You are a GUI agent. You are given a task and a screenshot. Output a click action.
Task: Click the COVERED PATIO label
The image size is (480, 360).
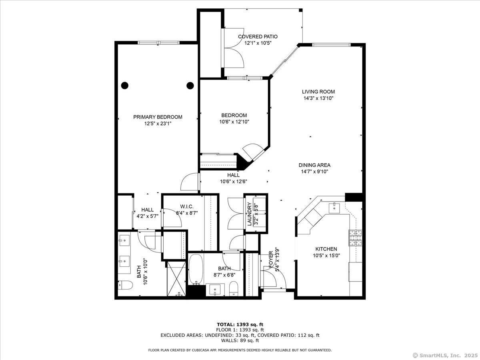coord(258,36)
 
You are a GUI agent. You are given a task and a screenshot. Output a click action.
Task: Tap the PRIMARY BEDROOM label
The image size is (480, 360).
coord(158,117)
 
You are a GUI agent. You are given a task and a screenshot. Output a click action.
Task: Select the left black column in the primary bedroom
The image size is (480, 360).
coord(125,85)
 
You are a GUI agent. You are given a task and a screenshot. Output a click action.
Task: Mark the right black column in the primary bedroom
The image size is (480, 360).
coord(190,85)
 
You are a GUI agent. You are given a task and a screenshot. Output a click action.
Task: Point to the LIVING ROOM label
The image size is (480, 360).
coord(318,92)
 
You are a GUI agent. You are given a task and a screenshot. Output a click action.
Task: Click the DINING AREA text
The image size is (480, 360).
coord(314,165)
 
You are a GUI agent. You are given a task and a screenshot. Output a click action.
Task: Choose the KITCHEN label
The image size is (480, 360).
coord(326,249)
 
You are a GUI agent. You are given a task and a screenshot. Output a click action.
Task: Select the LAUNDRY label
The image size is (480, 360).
coord(249,214)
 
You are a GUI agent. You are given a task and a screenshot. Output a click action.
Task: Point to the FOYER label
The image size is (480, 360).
coord(271,260)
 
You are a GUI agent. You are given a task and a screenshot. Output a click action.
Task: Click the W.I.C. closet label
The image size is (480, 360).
coord(187,206)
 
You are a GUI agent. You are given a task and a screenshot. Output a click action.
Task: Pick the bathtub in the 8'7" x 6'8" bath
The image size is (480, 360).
coord(196,270)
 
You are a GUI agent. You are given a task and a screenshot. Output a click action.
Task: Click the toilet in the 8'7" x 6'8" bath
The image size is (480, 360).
coord(234,289)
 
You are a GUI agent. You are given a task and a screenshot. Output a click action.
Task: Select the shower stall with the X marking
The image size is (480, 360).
coord(176,278)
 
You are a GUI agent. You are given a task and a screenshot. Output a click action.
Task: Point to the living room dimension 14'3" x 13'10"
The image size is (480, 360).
coord(318,98)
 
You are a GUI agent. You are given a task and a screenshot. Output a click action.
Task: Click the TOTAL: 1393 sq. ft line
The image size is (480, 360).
coord(240,324)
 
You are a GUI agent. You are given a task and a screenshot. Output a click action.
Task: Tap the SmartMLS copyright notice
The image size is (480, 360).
coord(444,355)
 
